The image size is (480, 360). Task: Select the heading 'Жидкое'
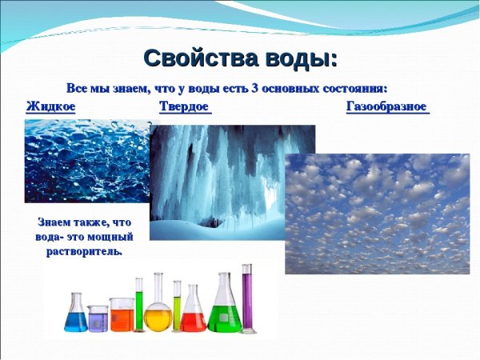50,106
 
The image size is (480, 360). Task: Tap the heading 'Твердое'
185,106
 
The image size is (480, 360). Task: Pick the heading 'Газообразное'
387,106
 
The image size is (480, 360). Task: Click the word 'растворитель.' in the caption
83,251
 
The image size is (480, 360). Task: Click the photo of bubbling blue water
84,160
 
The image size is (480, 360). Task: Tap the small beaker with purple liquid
98,319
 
